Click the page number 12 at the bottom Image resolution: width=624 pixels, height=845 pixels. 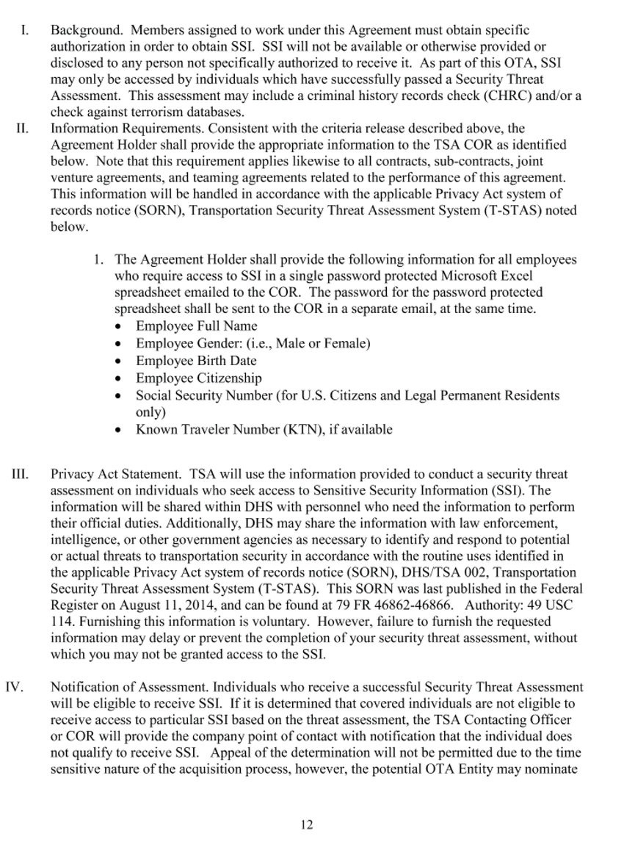pos(307,824)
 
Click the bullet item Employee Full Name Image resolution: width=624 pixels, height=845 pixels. pos(196,326)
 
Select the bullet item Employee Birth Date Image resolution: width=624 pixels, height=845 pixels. pos(196,361)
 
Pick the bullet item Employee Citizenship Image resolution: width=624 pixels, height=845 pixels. pos(198,378)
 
